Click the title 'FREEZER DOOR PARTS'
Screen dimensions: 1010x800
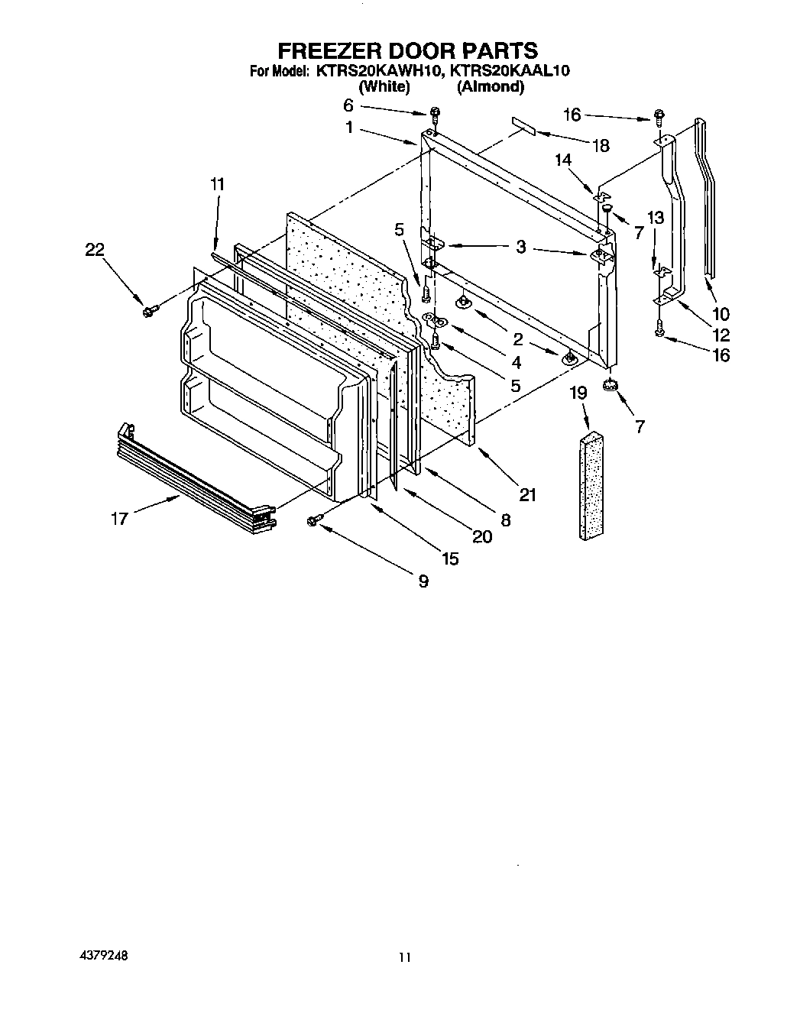click(x=406, y=51)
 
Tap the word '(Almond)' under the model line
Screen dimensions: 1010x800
click(x=490, y=86)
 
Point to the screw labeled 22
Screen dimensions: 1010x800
click(x=149, y=311)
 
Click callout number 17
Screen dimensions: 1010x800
click(x=121, y=519)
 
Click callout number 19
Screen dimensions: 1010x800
click(x=578, y=393)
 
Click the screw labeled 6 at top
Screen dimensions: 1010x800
click(x=434, y=114)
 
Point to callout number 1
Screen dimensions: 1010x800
click(x=349, y=128)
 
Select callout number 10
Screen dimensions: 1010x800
click(x=720, y=313)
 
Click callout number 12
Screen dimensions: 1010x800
click(x=720, y=335)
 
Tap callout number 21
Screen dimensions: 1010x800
click(x=527, y=495)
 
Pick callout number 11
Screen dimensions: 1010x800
click(x=218, y=184)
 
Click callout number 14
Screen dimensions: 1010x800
click(x=563, y=160)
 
